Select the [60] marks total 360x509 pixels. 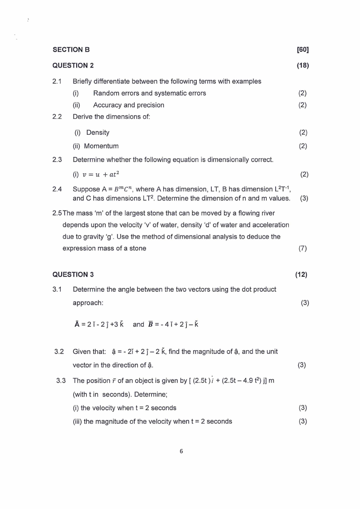(x=302, y=49)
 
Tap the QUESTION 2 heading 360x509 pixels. (x=73, y=65)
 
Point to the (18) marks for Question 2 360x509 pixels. (x=302, y=65)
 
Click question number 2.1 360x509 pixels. (x=57, y=81)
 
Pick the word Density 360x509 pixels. (x=98, y=132)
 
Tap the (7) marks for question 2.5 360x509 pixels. (x=303, y=248)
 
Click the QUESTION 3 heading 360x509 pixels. (x=73, y=274)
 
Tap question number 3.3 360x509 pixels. (x=61, y=380)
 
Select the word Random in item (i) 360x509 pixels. (x=107, y=93)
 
